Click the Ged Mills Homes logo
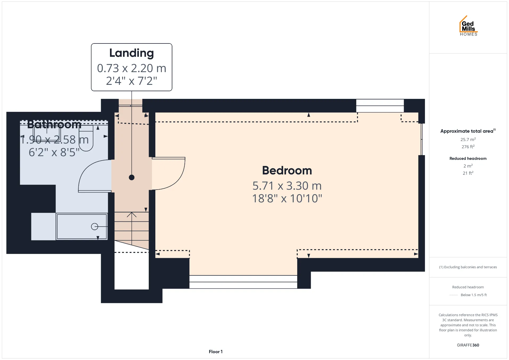pos(468,26)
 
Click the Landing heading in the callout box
pos(131,53)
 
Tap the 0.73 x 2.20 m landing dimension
pos(131,68)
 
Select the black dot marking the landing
pos(131,178)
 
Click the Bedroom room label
pos(287,170)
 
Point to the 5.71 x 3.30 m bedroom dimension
pos(287,186)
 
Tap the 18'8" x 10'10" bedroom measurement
pos(287,198)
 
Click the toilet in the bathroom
pos(86,138)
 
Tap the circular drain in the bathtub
pos(94,227)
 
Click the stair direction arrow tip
pos(131,213)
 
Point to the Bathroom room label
pos(54,125)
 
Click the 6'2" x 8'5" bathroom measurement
pos(54,152)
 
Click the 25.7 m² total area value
pos(468,139)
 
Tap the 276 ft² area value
pos(468,147)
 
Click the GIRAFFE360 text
pos(468,345)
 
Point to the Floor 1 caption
pos(216,352)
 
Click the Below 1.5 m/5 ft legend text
pos(474,295)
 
